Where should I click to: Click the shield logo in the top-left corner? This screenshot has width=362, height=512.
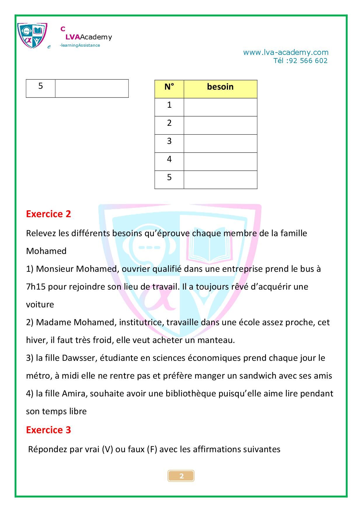[x=32, y=35]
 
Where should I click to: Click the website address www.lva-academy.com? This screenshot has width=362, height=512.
[x=286, y=53]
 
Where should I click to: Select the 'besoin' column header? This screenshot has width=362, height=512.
[x=220, y=87]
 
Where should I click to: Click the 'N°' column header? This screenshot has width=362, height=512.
[x=169, y=87]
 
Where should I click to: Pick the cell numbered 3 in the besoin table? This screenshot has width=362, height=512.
[x=169, y=141]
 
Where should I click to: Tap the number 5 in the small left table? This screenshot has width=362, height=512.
[x=41, y=86]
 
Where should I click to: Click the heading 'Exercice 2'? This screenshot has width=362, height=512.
[x=48, y=214]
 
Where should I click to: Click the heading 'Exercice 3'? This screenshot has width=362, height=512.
[x=48, y=430]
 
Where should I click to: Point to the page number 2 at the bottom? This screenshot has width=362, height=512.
[x=181, y=476]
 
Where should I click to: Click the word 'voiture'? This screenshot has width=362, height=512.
[x=40, y=304]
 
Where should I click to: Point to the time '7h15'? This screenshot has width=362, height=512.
[x=36, y=287]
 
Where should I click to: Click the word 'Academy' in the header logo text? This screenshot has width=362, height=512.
[x=96, y=37]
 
